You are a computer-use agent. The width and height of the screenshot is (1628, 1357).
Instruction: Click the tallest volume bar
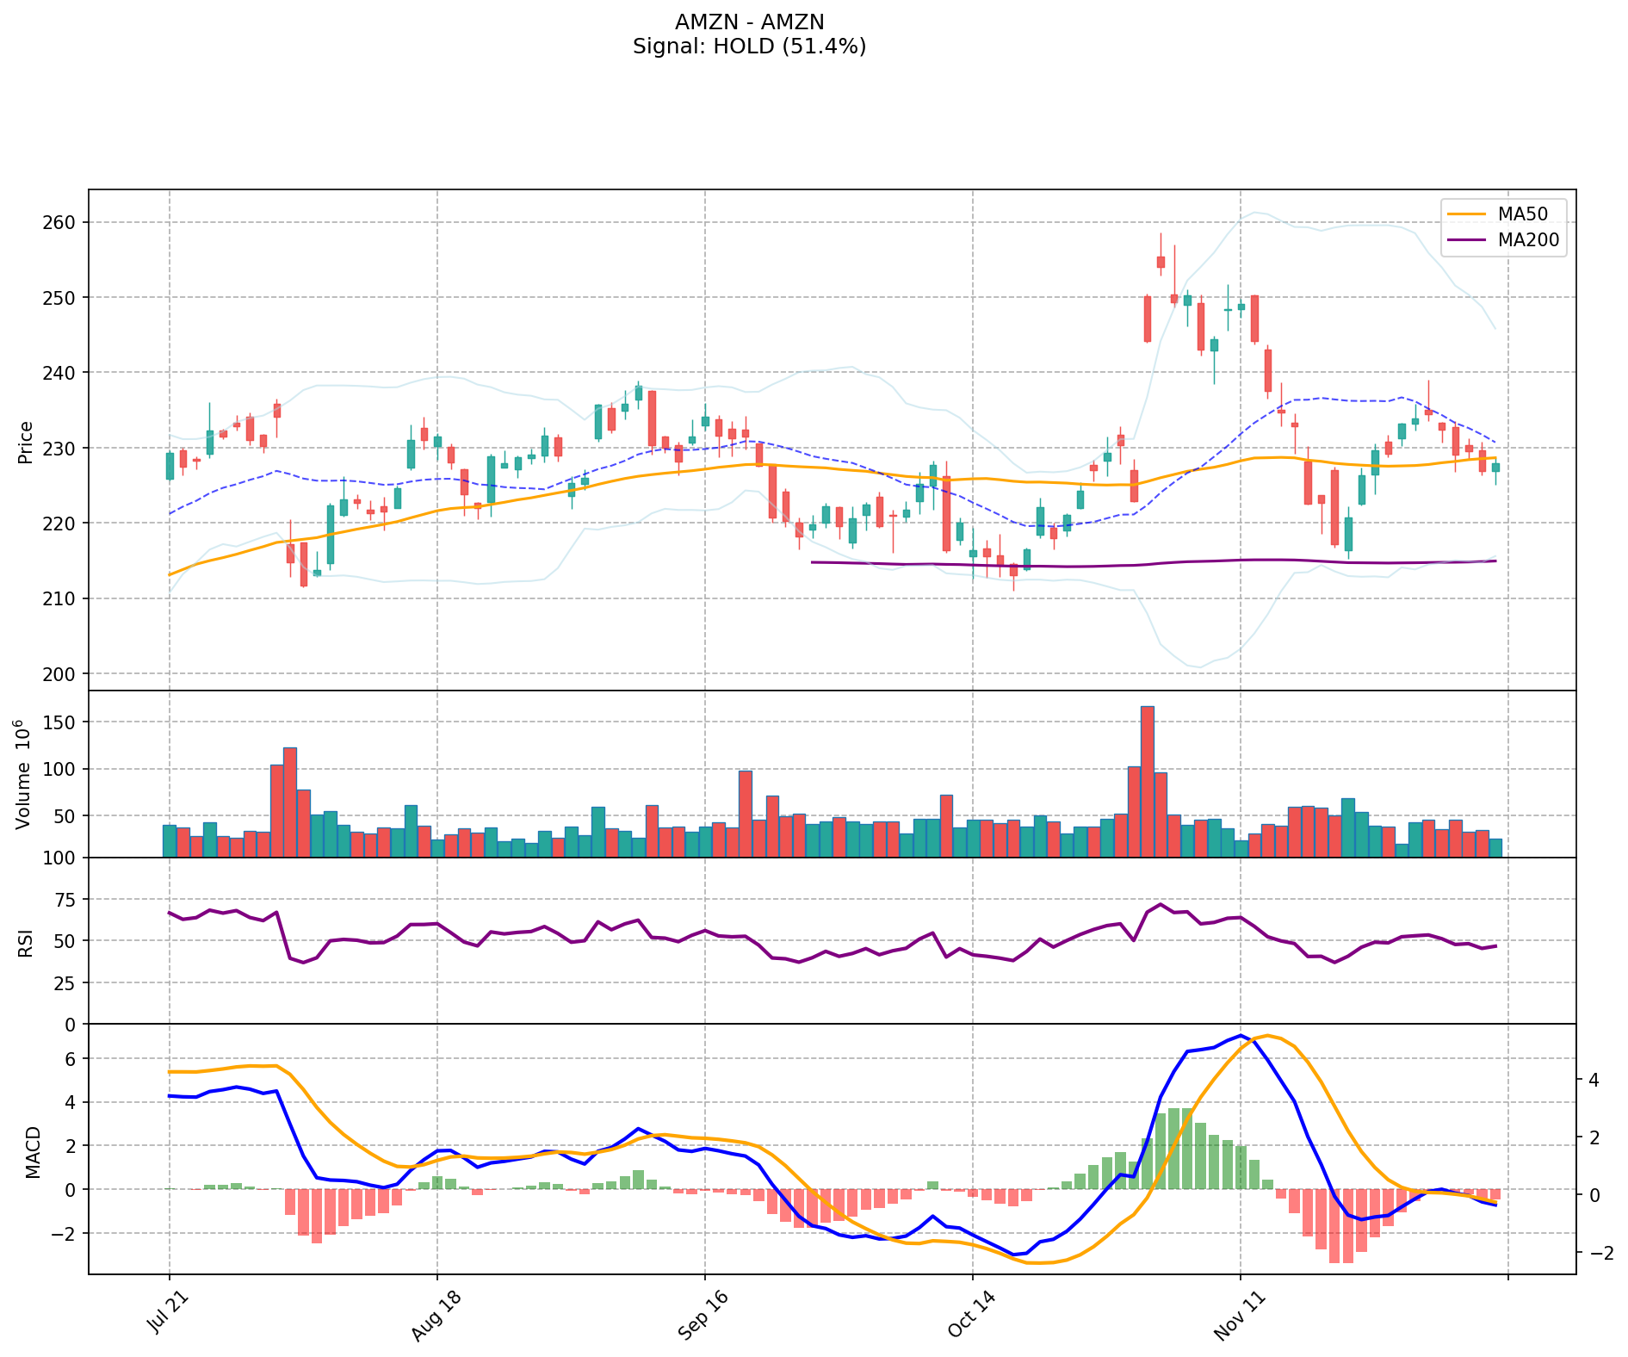(1147, 782)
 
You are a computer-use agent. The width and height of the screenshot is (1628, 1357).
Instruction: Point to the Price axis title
(26, 442)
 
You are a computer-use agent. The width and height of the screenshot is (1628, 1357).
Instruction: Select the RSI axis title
(26, 942)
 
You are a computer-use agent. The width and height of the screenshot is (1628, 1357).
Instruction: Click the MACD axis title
(33, 1151)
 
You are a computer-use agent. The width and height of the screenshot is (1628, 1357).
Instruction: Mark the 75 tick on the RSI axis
(65, 899)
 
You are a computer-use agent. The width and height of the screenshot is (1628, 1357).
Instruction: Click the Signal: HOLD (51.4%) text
(749, 46)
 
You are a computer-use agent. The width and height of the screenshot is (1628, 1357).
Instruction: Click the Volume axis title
(24, 774)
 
